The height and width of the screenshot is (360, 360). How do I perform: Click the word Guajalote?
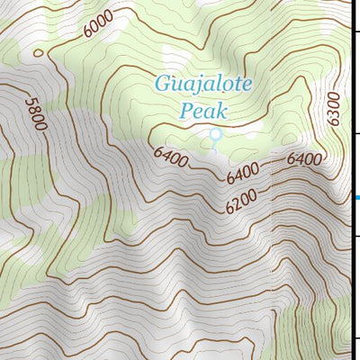click(x=203, y=85)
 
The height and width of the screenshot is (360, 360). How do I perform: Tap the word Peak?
click(x=202, y=112)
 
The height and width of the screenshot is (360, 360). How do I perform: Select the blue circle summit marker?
click(x=215, y=135)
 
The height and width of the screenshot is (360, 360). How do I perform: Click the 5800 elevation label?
click(x=37, y=112)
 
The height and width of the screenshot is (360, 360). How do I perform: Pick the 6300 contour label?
click(x=334, y=109)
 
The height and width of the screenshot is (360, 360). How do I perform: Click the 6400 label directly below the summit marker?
click(x=243, y=170)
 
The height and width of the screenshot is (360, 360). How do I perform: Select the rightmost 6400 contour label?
click(x=304, y=159)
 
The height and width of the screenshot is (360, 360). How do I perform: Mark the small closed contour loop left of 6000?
click(x=37, y=52)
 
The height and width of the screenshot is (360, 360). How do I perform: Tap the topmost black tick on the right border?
click(x=356, y=32)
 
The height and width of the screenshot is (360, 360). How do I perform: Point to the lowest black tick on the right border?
click(x=356, y=339)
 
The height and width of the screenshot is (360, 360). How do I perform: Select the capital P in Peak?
click(x=186, y=112)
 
